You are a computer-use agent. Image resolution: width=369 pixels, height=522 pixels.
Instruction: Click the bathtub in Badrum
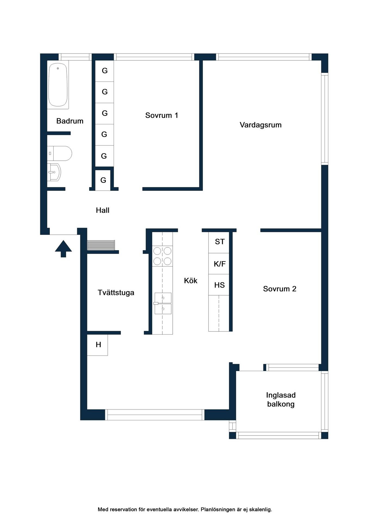click(58, 85)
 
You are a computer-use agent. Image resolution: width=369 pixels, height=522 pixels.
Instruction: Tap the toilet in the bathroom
click(60, 153)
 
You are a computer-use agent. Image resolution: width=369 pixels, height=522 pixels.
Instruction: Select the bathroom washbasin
click(54, 172)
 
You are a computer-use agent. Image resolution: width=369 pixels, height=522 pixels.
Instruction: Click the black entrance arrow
click(63, 248)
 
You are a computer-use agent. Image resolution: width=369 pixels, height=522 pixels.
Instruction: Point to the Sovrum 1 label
click(162, 115)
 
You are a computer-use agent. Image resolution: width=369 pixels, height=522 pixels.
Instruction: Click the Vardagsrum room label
click(261, 125)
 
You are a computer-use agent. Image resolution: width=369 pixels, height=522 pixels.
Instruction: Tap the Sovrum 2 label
click(280, 289)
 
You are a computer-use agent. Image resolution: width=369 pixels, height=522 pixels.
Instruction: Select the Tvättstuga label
click(116, 293)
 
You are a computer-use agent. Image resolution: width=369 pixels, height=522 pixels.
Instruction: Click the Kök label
click(191, 281)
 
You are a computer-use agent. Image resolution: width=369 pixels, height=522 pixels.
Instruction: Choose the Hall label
click(103, 210)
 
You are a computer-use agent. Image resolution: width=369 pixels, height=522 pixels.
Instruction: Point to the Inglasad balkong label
click(281, 399)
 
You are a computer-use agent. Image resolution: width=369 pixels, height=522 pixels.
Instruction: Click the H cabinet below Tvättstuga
click(98, 345)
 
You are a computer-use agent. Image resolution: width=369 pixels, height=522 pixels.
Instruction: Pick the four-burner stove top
click(162, 256)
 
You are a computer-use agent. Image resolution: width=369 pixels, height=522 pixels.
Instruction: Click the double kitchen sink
click(163, 303)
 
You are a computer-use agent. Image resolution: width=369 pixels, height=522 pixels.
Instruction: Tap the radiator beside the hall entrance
click(101, 245)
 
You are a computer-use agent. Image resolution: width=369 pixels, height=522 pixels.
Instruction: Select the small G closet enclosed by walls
click(103, 180)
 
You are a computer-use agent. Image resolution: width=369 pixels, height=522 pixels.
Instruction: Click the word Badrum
click(70, 121)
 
